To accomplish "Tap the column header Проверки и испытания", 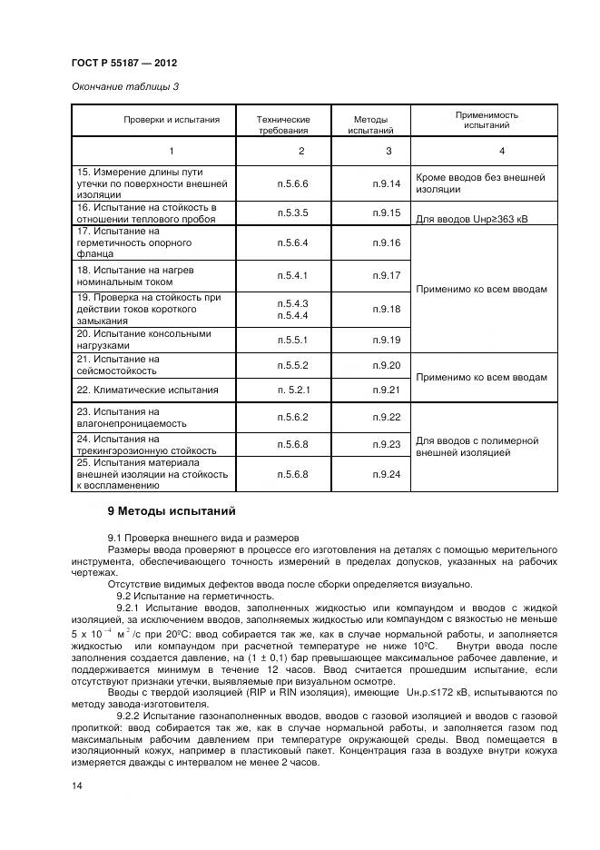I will pyautogui.click(x=172, y=120).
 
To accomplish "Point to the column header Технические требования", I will pyautogui.click(x=282, y=124).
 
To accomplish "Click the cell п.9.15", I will pyautogui.click(x=386, y=212).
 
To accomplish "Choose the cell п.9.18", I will pyautogui.click(x=386, y=309).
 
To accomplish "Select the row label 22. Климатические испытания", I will pyautogui.click(x=147, y=390).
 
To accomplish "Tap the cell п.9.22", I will pyautogui.click(x=386, y=417).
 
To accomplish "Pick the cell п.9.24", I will pyautogui.click(x=386, y=473).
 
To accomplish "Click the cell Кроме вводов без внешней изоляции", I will pyautogui.click(x=479, y=183).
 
